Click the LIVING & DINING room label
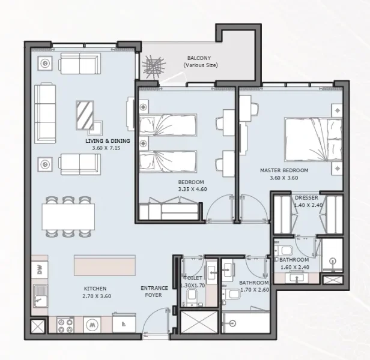tap(107, 141)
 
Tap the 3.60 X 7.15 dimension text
tap(107, 148)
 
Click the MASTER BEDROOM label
tap(284, 170)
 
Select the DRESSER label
tap(306, 197)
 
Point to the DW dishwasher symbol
tap(40, 270)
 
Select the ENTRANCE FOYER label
tap(154, 292)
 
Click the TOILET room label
tap(193, 278)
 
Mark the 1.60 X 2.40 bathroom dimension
tap(294, 266)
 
